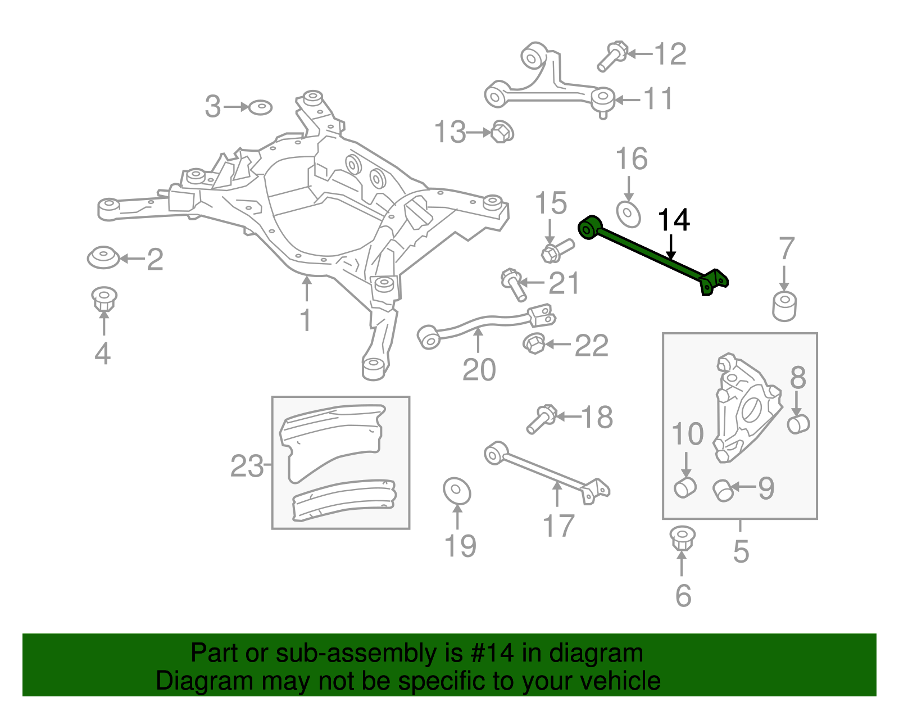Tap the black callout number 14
[x=673, y=220]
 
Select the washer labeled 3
[x=260, y=107]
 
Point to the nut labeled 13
[x=502, y=132]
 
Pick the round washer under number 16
[x=628, y=214]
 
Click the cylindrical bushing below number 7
[x=784, y=306]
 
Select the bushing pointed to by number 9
[x=723, y=490]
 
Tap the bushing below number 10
[x=685, y=487]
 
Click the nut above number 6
[x=682, y=537]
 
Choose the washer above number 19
[x=456, y=491]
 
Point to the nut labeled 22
[x=534, y=343]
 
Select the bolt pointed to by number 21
[x=514, y=285]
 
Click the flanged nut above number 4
[x=104, y=298]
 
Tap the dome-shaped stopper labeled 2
[x=103, y=257]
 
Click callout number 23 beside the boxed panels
[x=247, y=466]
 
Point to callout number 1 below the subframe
[x=305, y=320]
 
